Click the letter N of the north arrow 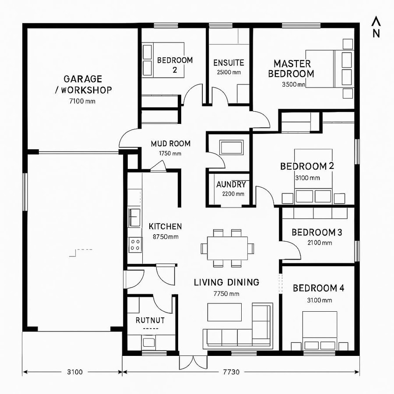tap(376, 34)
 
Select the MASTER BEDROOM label tap(291, 69)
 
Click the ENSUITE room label tap(229, 63)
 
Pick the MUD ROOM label tap(171, 144)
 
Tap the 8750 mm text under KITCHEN tap(165, 237)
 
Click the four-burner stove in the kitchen tap(135, 244)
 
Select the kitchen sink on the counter tap(134, 216)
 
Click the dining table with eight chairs tap(227, 248)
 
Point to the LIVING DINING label tap(226, 282)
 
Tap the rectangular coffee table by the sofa tap(224, 312)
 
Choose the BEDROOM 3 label tap(317, 232)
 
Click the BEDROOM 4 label tap(318, 288)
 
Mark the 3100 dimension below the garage tap(74, 372)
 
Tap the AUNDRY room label tap(231, 185)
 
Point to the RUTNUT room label tap(150, 320)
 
